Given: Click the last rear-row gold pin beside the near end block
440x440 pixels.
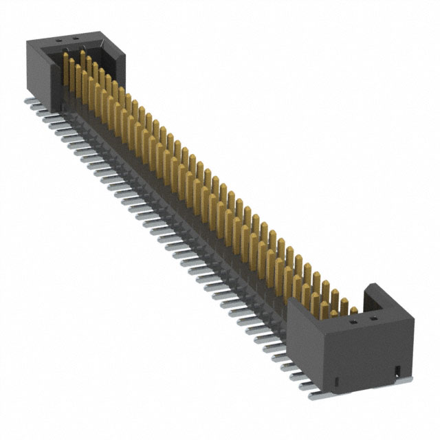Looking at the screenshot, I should pos(353,310).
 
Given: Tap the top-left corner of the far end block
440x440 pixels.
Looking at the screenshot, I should pos(29,43).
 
